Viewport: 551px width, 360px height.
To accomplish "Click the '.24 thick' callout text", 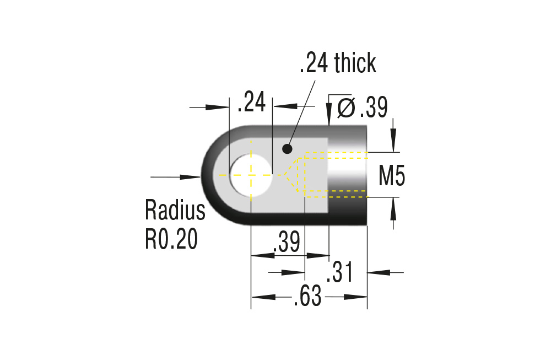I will (x=337, y=63).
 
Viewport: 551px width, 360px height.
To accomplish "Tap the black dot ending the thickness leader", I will (x=287, y=148).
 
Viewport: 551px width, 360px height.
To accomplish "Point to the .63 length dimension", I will (x=307, y=297).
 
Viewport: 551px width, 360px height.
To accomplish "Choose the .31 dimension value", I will (x=338, y=273).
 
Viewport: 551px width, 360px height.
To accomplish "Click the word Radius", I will (x=175, y=210).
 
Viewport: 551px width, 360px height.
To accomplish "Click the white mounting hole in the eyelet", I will (x=251, y=174).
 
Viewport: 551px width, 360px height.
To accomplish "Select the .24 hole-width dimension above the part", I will (x=251, y=103).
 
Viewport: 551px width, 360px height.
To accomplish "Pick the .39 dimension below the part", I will (x=286, y=242).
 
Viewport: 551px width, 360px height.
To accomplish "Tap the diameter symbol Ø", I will (x=346, y=108).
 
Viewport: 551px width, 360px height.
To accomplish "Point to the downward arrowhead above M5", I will (x=393, y=142).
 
